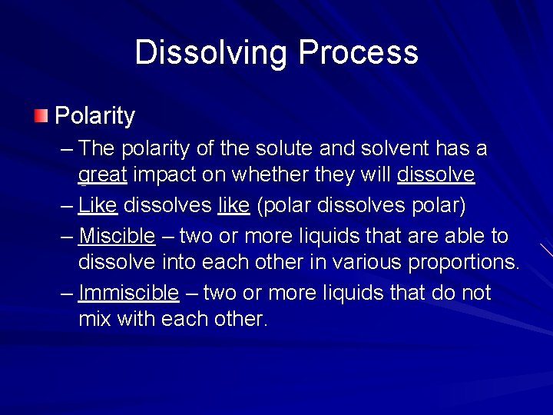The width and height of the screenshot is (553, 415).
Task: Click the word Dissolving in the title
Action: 212,53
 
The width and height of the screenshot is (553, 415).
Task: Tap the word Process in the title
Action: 358,53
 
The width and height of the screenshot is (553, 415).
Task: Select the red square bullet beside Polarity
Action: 40,116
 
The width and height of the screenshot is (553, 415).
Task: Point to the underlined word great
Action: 102,176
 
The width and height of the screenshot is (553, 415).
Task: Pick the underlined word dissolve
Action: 435,175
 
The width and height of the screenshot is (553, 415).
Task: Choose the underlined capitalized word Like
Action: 98,205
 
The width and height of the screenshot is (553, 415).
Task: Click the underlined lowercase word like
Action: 233,205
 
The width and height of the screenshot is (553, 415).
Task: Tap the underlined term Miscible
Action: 117,234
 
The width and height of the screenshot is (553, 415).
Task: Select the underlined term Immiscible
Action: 128,293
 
